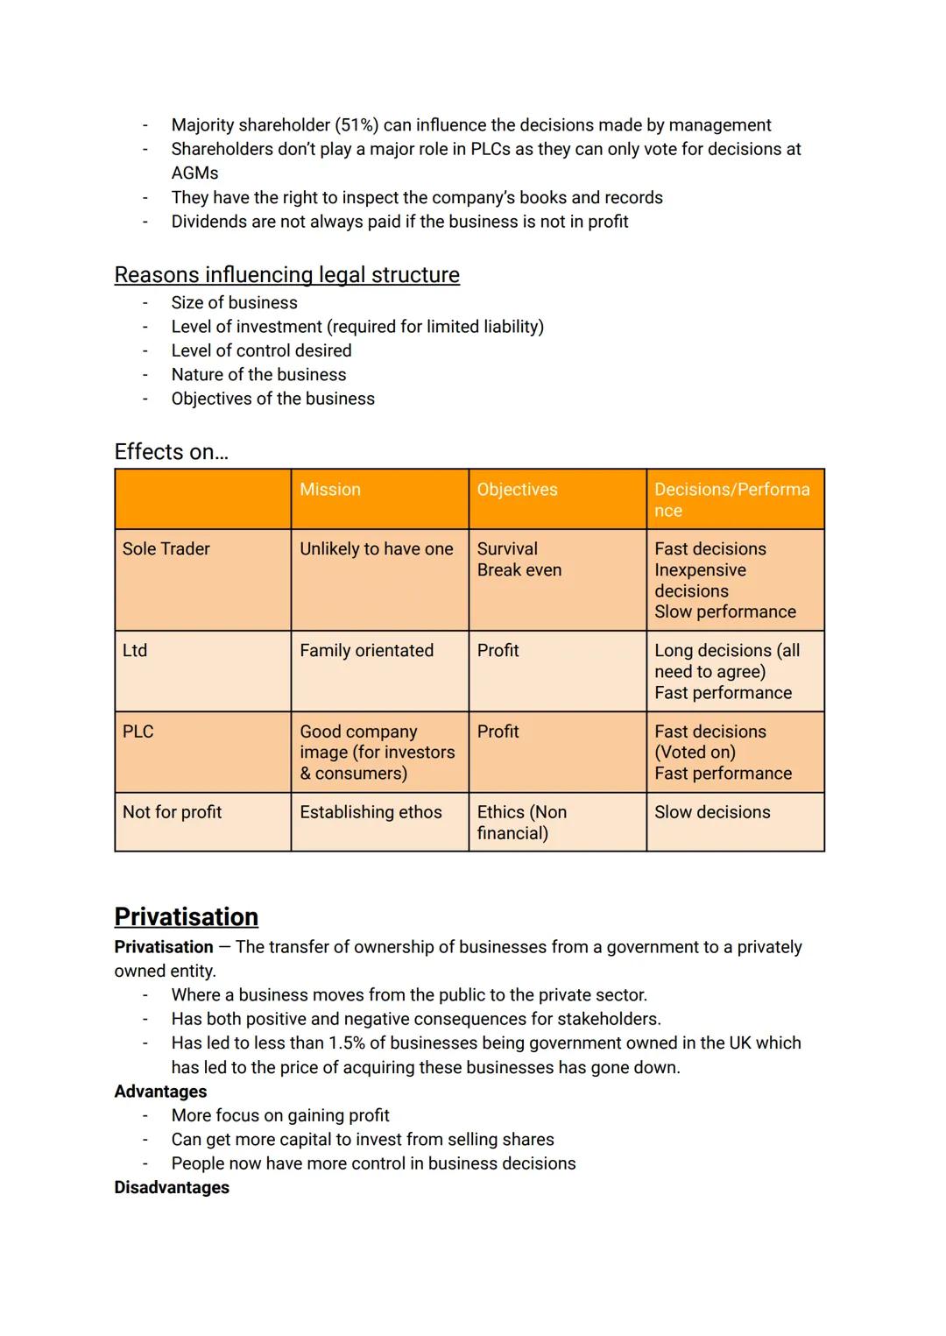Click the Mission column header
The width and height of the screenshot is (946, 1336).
pos(330,490)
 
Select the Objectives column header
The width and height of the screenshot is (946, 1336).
pos(517,490)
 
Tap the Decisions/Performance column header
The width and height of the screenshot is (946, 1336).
pos(731,499)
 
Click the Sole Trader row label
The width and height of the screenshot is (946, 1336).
pos(166,549)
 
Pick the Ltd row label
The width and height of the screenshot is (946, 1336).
pos(135,651)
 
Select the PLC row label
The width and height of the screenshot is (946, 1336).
pos(138,732)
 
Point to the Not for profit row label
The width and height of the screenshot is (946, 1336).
pos(173,812)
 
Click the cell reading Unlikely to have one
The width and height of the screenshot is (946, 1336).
pos(376,549)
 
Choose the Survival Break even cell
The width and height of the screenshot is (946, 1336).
pos(519,560)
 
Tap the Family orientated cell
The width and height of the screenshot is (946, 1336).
pos(366,651)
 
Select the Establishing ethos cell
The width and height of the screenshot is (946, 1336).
pos(371,812)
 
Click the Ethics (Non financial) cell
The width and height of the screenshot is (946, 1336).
pos(521,823)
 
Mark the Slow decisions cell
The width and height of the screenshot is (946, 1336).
pos(712,812)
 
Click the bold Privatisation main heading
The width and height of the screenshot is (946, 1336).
pos(186,916)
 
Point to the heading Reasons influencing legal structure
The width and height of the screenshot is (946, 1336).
pos(286,275)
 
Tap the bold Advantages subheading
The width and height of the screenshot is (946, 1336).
pos(160,1092)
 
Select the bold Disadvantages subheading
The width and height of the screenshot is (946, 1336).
pos(172,1188)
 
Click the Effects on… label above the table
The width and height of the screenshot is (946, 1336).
pos(171,452)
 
